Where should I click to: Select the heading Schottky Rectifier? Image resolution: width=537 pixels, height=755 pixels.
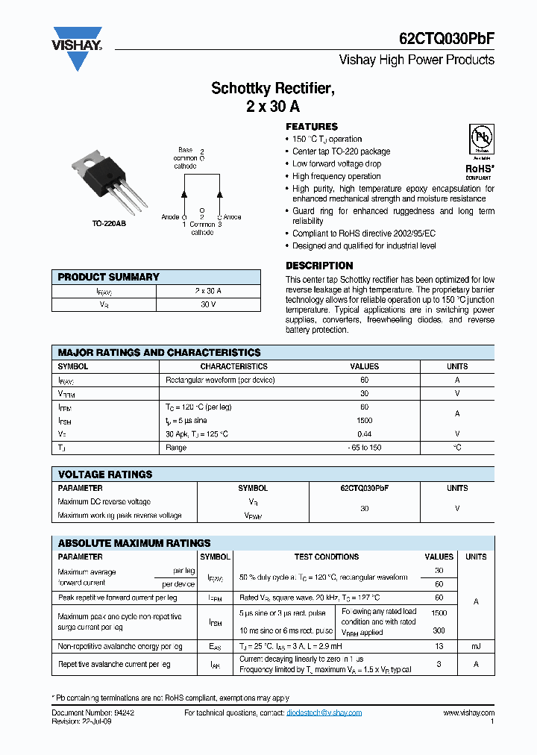(273, 89)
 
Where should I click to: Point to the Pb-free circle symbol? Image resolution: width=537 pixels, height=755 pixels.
(480, 140)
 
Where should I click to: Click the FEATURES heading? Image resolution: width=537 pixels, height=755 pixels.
(312, 127)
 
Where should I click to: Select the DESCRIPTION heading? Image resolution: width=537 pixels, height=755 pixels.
(319, 266)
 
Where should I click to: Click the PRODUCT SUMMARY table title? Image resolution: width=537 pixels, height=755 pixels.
(109, 277)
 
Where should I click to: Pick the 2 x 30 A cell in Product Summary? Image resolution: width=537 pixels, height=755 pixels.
(208, 291)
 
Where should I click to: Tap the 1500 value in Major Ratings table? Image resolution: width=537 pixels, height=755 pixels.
(364, 421)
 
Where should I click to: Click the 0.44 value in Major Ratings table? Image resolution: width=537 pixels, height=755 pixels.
(364, 434)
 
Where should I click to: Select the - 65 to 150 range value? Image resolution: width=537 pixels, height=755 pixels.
(364, 448)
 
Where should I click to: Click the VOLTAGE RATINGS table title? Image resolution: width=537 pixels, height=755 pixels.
(105, 474)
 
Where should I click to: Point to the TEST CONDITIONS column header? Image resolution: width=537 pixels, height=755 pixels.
(327, 557)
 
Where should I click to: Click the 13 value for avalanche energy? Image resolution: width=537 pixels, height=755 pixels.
(439, 646)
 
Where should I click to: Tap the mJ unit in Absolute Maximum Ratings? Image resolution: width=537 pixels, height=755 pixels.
(476, 646)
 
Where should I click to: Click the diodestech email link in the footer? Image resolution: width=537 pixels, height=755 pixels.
(324, 713)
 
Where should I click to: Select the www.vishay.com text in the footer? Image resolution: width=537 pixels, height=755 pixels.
(468, 713)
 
